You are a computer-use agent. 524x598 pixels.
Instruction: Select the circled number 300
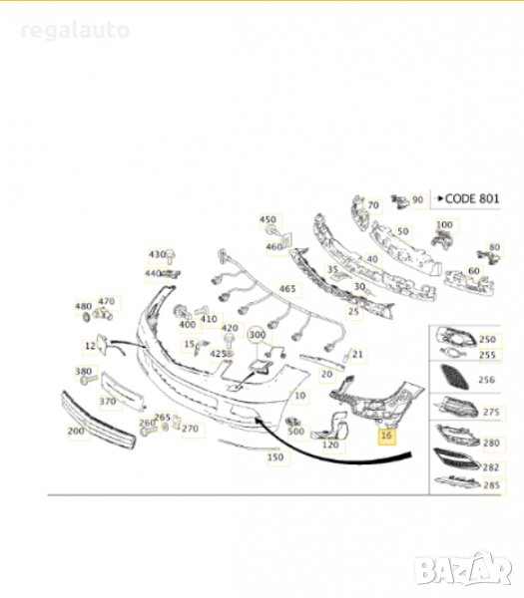pyautogui.click(x=257, y=334)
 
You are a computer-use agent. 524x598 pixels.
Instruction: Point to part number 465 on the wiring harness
pyautogui.click(x=288, y=289)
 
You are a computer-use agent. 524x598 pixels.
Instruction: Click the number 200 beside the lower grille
pyautogui.click(x=76, y=431)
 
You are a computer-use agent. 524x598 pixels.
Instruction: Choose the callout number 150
pyautogui.click(x=276, y=457)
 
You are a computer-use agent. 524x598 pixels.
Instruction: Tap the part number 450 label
pyautogui.click(x=267, y=219)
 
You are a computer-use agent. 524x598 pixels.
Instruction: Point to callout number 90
pyautogui.click(x=417, y=200)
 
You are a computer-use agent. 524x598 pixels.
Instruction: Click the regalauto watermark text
pyautogui.click(x=76, y=31)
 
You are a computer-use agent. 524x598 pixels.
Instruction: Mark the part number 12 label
pyautogui.click(x=91, y=345)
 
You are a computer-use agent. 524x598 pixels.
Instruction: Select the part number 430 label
pyautogui.click(x=156, y=254)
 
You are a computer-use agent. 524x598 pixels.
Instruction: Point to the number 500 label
pyautogui.click(x=296, y=431)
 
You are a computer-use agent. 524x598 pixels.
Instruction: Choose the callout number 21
pyautogui.click(x=359, y=354)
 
